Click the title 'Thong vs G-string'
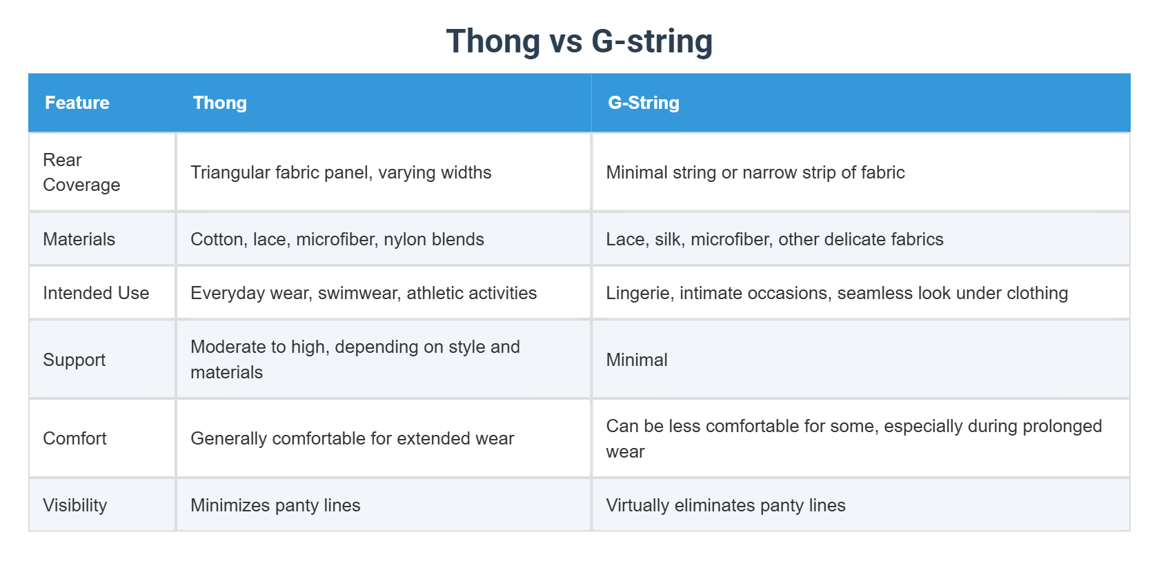(579, 41)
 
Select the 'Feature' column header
(77, 103)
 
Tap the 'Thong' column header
(219, 103)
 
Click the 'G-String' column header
(643, 103)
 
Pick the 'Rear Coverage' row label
(81, 172)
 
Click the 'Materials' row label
(79, 239)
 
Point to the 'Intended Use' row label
(96, 293)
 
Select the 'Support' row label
(74, 360)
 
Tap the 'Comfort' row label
(75, 438)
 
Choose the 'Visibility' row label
(75, 505)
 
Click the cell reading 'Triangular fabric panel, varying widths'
(341, 172)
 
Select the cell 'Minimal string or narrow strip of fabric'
(755, 172)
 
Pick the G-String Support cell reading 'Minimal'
(636, 360)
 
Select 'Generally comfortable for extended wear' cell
(352, 438)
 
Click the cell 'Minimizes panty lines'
(275, 505)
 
